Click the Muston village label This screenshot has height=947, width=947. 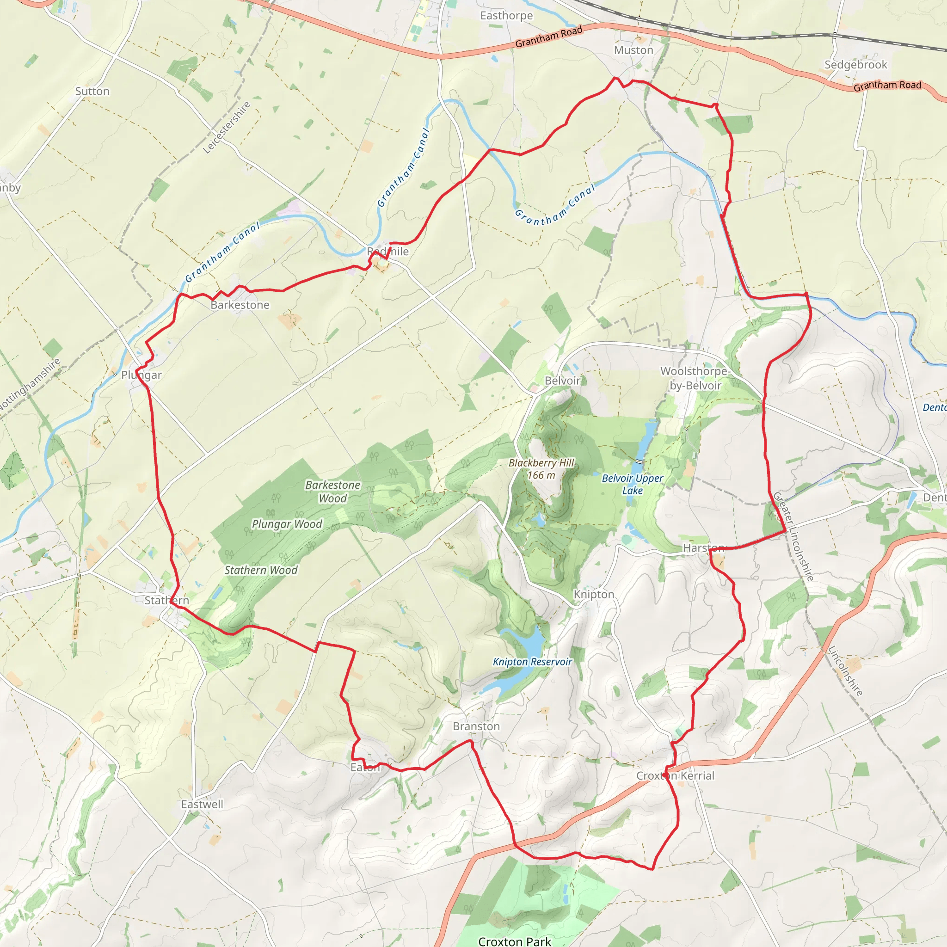[x=633, y=50]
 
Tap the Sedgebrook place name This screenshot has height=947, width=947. [x=855, y=65]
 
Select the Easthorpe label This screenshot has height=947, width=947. [x=506, y=16]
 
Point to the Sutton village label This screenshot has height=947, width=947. [x=92, y=92]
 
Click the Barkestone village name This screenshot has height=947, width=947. [x=240, y=305]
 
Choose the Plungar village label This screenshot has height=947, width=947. [x=141, y=375]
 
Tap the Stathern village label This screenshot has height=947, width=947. [x=166, y=601]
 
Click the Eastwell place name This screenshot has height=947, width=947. [x=202, y=805]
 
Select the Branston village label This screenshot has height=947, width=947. [x=476, y=726]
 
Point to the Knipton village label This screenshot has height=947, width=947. [x=594, y=595]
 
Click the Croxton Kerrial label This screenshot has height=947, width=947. [x=675, y=776]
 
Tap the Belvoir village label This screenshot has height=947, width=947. [x=562, y=381]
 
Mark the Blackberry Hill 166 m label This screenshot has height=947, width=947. [x=541, y=469]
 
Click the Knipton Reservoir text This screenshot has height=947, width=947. [x=532, y=662]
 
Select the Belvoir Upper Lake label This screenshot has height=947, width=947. [x=632, y=484]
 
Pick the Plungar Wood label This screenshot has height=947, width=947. [x=287, y=524]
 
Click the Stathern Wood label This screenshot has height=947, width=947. [x=261, y=570]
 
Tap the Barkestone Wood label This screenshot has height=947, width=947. [x=333, y=492]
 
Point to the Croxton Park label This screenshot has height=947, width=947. [x=515, y=941]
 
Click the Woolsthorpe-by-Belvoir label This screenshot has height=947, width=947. [x=695, y=378]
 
